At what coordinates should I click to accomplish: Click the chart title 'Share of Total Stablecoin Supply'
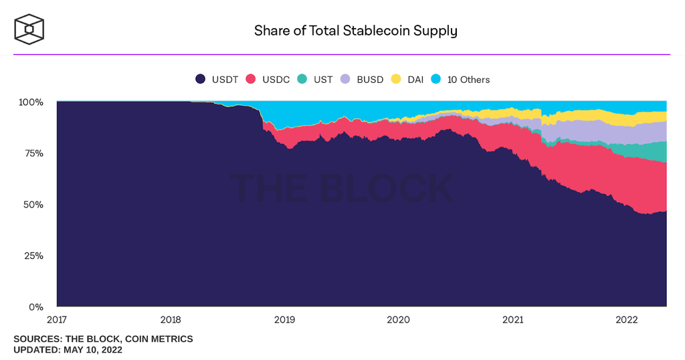tap(356, 31)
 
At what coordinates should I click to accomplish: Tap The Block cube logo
tap(29, 29)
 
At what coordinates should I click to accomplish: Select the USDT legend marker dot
tap(200, 79)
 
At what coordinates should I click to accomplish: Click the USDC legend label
tap(276, 80)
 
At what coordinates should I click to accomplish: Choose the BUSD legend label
tap(370, 80)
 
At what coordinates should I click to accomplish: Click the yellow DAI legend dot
tap(396, 79)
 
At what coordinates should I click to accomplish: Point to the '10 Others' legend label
tap(468, 80)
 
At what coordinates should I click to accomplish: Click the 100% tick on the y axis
tap(31, 102)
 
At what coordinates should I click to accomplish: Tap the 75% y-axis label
tap(33, 153)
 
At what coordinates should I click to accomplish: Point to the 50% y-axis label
tap(33, 205)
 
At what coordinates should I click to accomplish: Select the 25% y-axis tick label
tap(33, 256)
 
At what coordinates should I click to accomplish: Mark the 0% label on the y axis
tap(36, 307)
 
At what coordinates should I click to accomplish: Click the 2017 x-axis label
tap(57, 320)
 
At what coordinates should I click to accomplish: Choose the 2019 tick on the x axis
tap(284, 320)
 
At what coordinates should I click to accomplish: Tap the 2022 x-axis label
tap(627, 320)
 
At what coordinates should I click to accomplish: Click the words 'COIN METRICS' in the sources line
tap(159, 339)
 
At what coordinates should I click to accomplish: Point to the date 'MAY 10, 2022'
tap(92, 350)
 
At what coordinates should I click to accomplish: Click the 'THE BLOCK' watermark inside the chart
tap(342, 188)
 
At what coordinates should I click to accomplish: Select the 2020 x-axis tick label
tap(399, 320)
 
